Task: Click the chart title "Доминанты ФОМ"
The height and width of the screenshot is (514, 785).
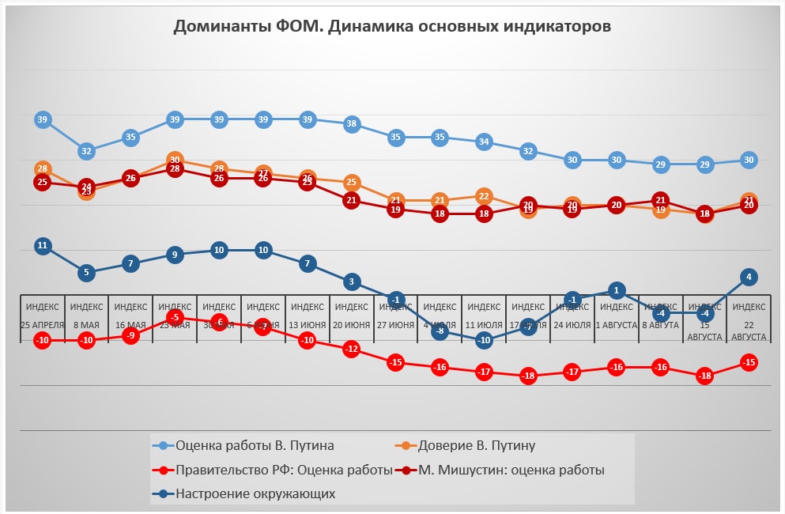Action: click(392, 27)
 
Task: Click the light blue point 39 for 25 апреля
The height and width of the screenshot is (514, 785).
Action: click(43, 120)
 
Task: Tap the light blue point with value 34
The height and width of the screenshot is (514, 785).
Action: click(485, 142)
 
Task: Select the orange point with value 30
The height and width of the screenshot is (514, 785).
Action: click(175, 161)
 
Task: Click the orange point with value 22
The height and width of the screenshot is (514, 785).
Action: click(485, 196)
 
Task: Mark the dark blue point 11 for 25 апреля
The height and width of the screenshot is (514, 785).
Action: click(43, 246)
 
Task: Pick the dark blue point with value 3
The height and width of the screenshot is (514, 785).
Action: click(353, 281)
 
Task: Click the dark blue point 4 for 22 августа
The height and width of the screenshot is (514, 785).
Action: click(749, 277)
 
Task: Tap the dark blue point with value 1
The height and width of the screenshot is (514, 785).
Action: click(617, 290)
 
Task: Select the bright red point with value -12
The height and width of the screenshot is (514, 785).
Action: click(353, 349)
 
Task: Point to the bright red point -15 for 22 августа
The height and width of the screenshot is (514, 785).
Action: click(749, 362)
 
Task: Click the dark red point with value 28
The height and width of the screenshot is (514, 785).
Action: click(175, 169)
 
